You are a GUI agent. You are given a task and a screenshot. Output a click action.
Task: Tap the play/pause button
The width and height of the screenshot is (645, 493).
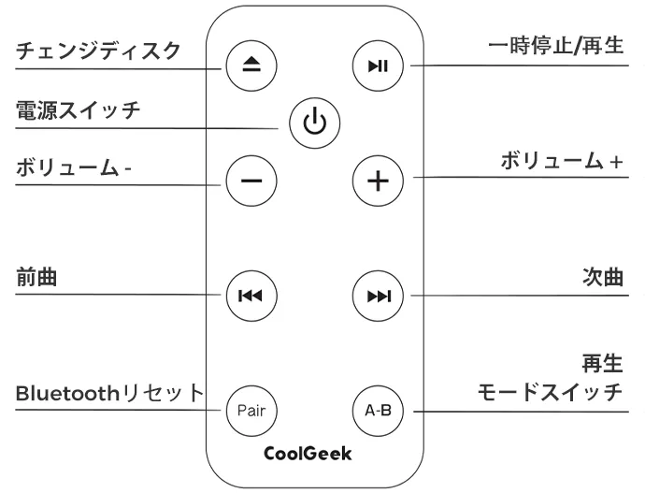pos(378,65)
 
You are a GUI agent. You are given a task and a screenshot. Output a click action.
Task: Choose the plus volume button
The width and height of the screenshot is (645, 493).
pos(378,180)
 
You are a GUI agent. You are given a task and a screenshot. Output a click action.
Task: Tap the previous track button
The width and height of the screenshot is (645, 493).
pos(249,297)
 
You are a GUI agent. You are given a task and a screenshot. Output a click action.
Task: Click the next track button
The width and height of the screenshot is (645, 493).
pos(378,297)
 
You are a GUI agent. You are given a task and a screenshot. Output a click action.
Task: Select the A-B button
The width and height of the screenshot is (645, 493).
pos(378,409)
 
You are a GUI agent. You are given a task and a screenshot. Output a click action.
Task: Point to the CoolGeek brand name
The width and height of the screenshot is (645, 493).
pos(308,455)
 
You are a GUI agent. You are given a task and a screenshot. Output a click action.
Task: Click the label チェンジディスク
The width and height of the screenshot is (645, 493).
pos(98,50)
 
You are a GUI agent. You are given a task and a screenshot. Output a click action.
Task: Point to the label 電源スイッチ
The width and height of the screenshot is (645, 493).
pos(77,110)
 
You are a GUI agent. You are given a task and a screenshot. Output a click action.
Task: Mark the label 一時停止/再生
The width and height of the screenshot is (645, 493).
pos(555,46)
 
